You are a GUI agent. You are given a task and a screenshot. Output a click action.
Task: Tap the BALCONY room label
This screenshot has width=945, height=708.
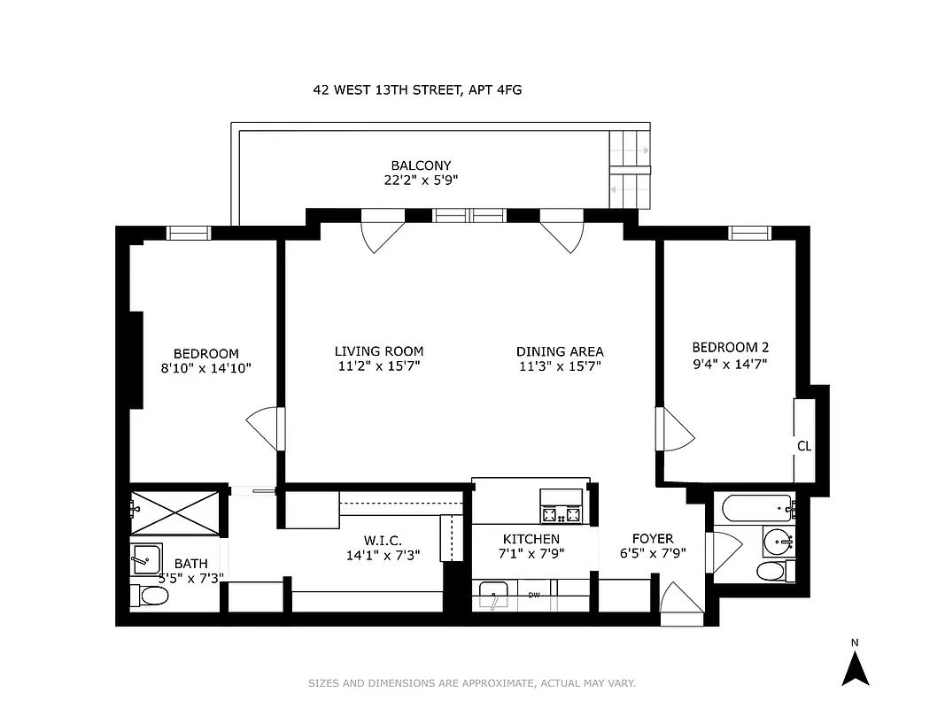pos(421,165)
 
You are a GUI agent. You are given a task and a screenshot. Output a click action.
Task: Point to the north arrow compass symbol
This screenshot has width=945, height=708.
pos(855,666)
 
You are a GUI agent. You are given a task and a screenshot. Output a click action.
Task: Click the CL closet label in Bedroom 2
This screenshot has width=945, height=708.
pos(804,446)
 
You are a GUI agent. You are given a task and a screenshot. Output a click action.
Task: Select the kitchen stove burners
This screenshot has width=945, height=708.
pos(562,512)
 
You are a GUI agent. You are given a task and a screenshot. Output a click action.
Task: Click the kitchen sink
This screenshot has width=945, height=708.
pos(492,595)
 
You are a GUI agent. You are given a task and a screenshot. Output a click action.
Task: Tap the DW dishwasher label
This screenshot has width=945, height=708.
pos(534,596)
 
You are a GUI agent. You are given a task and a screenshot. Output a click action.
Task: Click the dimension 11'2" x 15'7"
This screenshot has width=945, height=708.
pos(379,366)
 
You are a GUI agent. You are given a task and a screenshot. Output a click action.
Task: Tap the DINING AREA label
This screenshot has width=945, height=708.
pos(560,351)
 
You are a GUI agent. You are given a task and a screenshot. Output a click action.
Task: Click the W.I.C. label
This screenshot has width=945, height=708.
pos(383,540)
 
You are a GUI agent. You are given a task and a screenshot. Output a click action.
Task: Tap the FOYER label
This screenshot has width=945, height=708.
pos(653,539)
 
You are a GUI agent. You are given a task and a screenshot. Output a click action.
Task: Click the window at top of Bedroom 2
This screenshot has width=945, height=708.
pos(749,233)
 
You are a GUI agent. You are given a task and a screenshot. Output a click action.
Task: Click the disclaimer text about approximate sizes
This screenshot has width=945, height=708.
pos(472,683)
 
